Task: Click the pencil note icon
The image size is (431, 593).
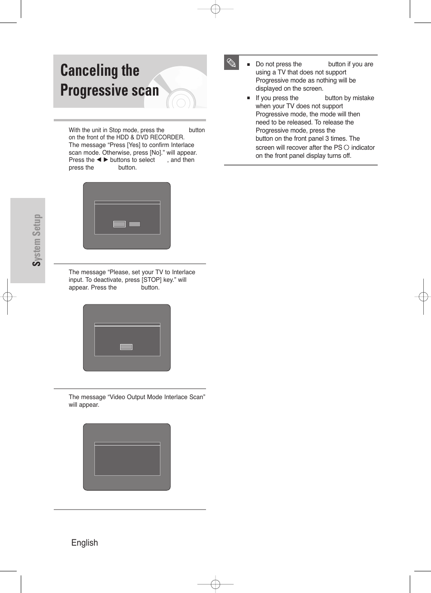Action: [231, 63]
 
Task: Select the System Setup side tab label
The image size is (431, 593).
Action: [37, 240]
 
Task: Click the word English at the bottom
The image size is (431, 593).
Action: [84, 542]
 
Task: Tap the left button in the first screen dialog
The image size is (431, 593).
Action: [119, 224]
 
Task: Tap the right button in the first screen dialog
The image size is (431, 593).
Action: [135, 224]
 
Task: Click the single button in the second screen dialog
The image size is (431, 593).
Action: [126, 347]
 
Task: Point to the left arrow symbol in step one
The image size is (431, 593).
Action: [99, 160]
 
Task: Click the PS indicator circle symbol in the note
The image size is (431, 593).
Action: [347, 147]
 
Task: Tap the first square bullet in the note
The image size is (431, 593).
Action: [248, 64]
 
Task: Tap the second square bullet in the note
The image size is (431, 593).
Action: [248, 98]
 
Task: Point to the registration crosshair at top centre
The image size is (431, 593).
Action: [215, 9]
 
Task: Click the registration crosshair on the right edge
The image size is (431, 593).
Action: [423, 297]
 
